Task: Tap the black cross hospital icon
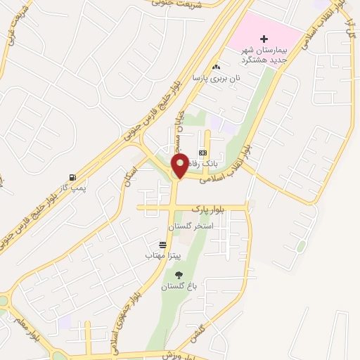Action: point(264,39)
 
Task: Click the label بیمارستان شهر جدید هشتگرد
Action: point(266,54)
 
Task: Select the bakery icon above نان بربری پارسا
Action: point(217,66)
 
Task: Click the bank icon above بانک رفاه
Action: point(202,153)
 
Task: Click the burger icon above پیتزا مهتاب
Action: point(163,245)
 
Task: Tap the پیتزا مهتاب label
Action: point(163,256)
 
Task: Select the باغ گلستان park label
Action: point(176,286)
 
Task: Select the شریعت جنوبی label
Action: point(180,4)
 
